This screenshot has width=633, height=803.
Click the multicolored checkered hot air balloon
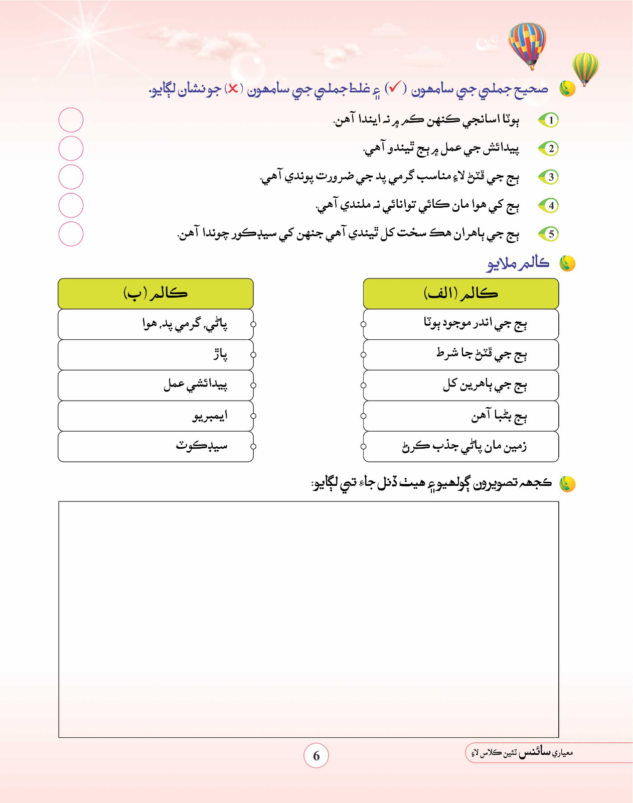coord(527,44)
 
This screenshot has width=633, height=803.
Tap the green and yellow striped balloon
coord(585,67)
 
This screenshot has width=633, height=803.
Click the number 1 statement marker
coord(550,120)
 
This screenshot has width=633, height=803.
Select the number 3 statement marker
coord(550,177)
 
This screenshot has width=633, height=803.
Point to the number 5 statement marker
coord(550,234)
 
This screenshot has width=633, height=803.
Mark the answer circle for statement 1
coord(71,120)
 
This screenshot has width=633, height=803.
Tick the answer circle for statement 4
coord(71,205)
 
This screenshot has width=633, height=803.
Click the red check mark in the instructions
coord(394,88)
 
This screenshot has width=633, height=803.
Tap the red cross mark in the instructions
coord(233,89)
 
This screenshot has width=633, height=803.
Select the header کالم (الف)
coord(460,294)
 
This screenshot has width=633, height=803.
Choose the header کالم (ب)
coord(155,294)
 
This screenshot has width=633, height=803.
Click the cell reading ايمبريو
coord(155,416)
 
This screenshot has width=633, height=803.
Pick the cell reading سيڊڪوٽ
coord(155,446)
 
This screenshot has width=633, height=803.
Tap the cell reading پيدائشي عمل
coord(155,385)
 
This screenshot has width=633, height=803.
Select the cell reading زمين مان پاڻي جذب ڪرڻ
coord(460,446)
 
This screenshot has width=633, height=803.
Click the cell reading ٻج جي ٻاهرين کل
coord(460,385)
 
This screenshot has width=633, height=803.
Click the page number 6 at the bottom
coord(316,755)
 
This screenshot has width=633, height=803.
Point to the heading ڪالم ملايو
coord(518,263)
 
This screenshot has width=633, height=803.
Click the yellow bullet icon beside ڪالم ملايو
coord(567,263)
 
